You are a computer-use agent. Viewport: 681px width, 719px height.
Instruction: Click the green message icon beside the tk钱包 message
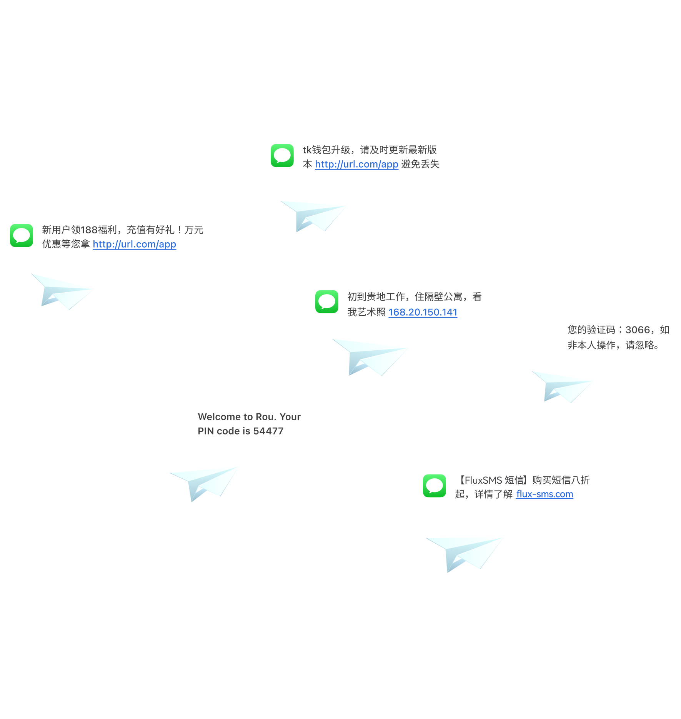pyautogui.click(x=282, y=156)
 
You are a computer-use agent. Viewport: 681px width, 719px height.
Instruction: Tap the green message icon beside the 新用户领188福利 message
pyautogui.click(x=22, y=235)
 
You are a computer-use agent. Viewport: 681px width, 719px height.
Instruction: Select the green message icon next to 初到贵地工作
pyautogui.click(x=327, y=301)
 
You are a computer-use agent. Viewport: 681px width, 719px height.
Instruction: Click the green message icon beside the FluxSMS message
pyautogui.click(x=435, y=486)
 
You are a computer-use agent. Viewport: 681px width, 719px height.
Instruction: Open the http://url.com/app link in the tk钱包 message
pyautogui.click(x=356, y=164)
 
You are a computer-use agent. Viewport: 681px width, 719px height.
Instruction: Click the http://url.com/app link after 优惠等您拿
pyautogui.click(x=135, y=244)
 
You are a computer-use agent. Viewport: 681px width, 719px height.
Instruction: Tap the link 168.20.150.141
pyautogui.click(x=423, y=312)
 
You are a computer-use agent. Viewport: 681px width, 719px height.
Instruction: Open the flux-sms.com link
pyautogui.click(x=544, y=494)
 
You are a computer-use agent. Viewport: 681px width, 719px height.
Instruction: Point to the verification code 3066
pyautogui.click(x=638, y=330)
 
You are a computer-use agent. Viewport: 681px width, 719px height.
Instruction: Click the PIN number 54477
pyautogui.click(x=268, y=431)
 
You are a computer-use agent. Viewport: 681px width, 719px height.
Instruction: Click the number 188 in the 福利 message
pyautogui.click(x=89, y=230)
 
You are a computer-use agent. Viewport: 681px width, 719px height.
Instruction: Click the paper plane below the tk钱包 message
pyautogui.click(x=313, y=216)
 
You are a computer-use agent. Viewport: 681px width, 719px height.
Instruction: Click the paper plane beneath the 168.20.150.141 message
pyautogui.click(x=370, y=357)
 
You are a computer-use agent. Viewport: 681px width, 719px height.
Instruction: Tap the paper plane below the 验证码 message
pyautogui.click(x=562, y=386)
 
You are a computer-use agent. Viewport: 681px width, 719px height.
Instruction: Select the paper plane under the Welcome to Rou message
pyautogui.click(x=204, y=484)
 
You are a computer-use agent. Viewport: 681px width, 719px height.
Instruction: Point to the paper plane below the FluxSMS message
pyautogui.click(x=465, y=554)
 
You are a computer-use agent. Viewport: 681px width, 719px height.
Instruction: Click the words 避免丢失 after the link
pyautogui.click(x=420, y=164)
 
